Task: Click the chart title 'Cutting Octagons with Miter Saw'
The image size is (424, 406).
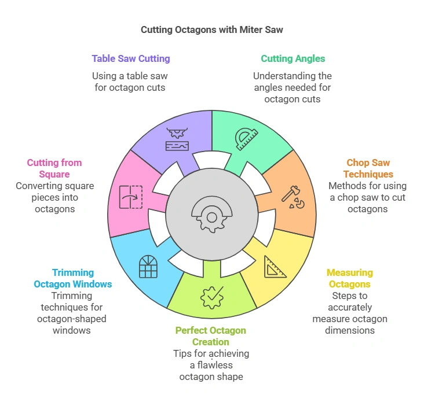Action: (x=211, y=29)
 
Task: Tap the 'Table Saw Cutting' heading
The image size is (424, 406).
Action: (x=130, y=58)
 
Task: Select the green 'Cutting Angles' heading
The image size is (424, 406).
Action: (x=293, y=58)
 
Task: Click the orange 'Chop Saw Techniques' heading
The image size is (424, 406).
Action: (x=368, y=168)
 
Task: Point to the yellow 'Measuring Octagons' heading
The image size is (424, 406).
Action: (x=350, y=278)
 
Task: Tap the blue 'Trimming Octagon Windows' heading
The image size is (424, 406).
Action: (x=73, y=278)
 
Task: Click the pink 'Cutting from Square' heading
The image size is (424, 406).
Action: (x=54, y=168)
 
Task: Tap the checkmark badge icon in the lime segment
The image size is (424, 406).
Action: (x=211, y=297)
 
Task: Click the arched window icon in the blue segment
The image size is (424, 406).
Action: (x=148, y=266)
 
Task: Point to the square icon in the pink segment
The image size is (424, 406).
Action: (x=130, y=197)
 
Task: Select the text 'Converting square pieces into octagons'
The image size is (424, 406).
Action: (x=54, y=197)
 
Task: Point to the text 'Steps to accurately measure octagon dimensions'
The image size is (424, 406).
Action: (x=350, y=313)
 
